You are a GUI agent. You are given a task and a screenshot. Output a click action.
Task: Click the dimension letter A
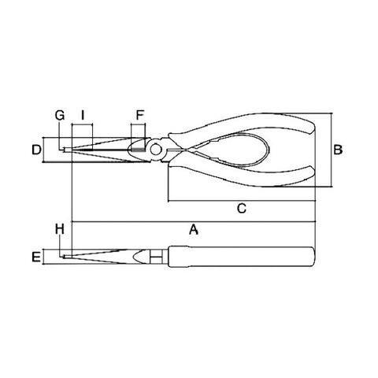point(194,229)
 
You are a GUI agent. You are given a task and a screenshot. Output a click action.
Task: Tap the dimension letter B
point(338,150)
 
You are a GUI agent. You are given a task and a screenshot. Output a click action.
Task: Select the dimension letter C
point(242,208)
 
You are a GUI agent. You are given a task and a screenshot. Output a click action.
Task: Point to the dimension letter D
point(36,150)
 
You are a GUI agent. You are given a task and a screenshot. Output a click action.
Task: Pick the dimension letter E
point(36,257)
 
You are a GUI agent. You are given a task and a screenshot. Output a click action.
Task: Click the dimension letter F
point(140,115)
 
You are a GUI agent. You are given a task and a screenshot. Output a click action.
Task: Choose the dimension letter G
point(60,115)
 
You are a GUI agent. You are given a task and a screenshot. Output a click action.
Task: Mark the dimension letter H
point(60,229)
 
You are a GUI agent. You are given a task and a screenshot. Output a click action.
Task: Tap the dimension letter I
point(83,115)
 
